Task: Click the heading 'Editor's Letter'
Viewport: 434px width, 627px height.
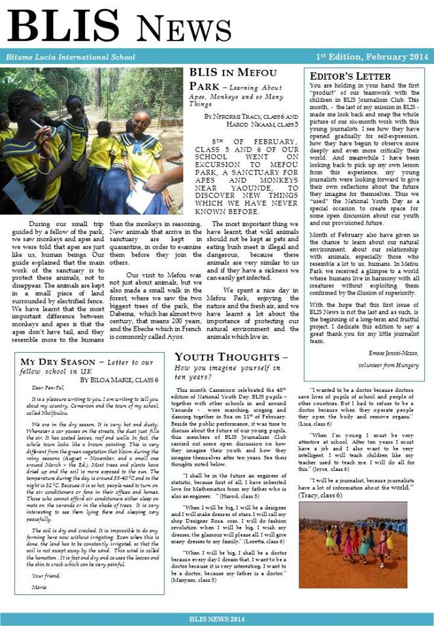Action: tap(350, 76)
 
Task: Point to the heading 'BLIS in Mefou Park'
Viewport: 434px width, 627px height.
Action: tap(233, 73)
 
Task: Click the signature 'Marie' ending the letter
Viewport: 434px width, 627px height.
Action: tap(39, 587)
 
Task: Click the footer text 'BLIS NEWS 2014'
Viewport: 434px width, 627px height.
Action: tap(216, 618)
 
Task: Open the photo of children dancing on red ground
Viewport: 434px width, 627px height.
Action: tap(353, 544)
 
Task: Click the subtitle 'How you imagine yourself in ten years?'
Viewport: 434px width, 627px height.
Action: tap(222, 372)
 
